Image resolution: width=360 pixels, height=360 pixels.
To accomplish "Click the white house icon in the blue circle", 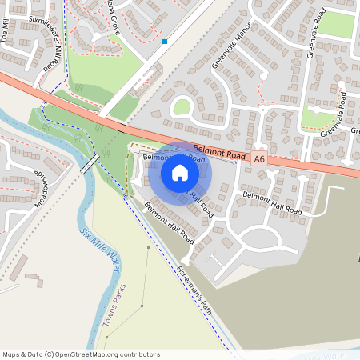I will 180,173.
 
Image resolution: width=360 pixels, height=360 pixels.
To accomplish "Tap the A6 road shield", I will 258,159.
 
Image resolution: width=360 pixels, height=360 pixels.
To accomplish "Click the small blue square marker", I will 165,41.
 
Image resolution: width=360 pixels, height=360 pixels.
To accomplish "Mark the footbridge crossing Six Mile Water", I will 90,165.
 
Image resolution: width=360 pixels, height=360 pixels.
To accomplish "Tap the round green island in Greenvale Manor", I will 182,106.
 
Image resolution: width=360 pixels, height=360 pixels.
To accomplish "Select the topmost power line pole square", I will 148,248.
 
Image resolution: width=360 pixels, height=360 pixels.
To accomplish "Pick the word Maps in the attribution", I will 12,354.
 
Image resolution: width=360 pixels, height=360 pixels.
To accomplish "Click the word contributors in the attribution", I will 141,354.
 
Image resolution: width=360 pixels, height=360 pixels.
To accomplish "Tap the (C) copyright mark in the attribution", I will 50,354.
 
